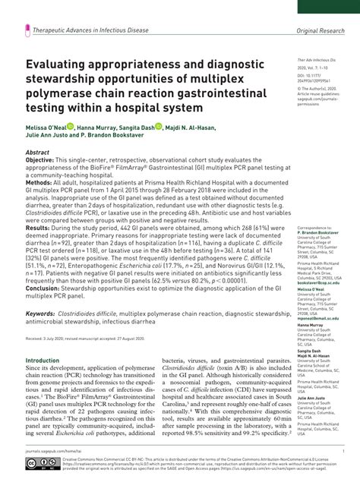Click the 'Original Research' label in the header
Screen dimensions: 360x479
point(323,33)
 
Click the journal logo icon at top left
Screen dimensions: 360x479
point(27,32)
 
